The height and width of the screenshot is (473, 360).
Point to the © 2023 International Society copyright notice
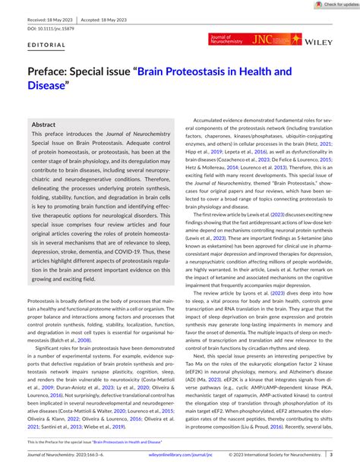pos(288,454)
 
